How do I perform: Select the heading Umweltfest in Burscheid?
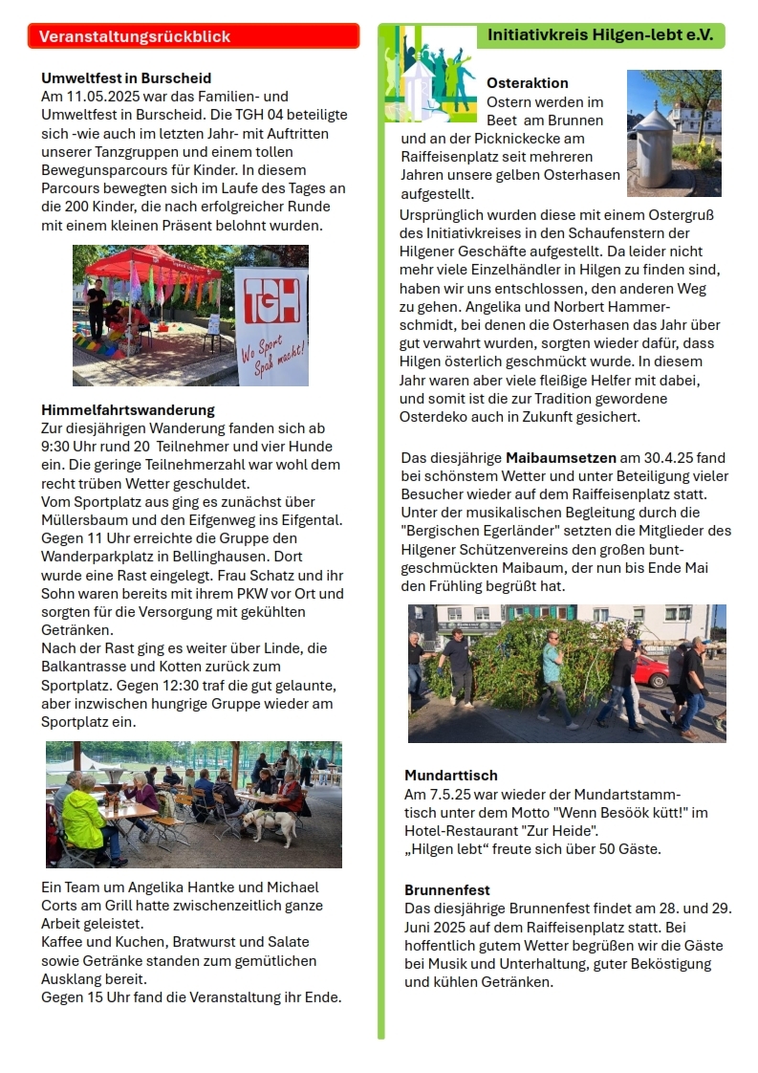click(x=126, y=78)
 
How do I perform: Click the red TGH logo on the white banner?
click(x=271, y=301)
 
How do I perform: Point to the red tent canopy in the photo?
click(x=153, y=262)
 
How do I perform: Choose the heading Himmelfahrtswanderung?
click(x=128, y=410)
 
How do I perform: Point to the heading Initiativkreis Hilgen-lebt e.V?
click(x=600, y=34)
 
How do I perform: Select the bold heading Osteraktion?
click(x=527, y=83)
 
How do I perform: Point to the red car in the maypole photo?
click(x=651, y=669)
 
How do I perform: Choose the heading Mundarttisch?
click(x=450, y=776)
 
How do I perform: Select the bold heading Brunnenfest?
click(x=446, y=890)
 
